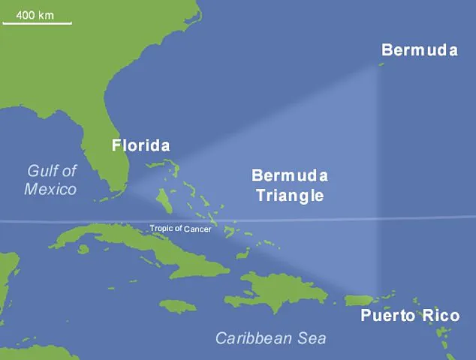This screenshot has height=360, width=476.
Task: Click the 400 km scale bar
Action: click(38, 23)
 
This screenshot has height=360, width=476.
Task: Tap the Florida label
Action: click(140, 145)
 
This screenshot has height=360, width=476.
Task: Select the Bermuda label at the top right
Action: click(419, 50)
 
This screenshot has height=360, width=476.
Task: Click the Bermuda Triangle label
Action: click(289, 186)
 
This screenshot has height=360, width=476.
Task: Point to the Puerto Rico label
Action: click(409, 315)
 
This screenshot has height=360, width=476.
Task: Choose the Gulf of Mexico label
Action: click(51, 179)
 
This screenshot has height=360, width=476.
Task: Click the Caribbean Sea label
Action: click(270, 338)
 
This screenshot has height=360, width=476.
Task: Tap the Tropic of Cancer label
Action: click(180, 229)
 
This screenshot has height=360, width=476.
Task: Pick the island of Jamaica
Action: click(178, 306)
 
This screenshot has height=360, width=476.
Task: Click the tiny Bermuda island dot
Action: click(381, 65)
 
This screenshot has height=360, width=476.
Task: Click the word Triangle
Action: click(289, 196)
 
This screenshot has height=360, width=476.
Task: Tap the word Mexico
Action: click(51, 188)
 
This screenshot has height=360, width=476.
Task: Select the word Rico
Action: click(440, 315)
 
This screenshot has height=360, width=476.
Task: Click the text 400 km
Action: click(35, 14)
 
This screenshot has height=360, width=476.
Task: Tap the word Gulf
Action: click(42, 170)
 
